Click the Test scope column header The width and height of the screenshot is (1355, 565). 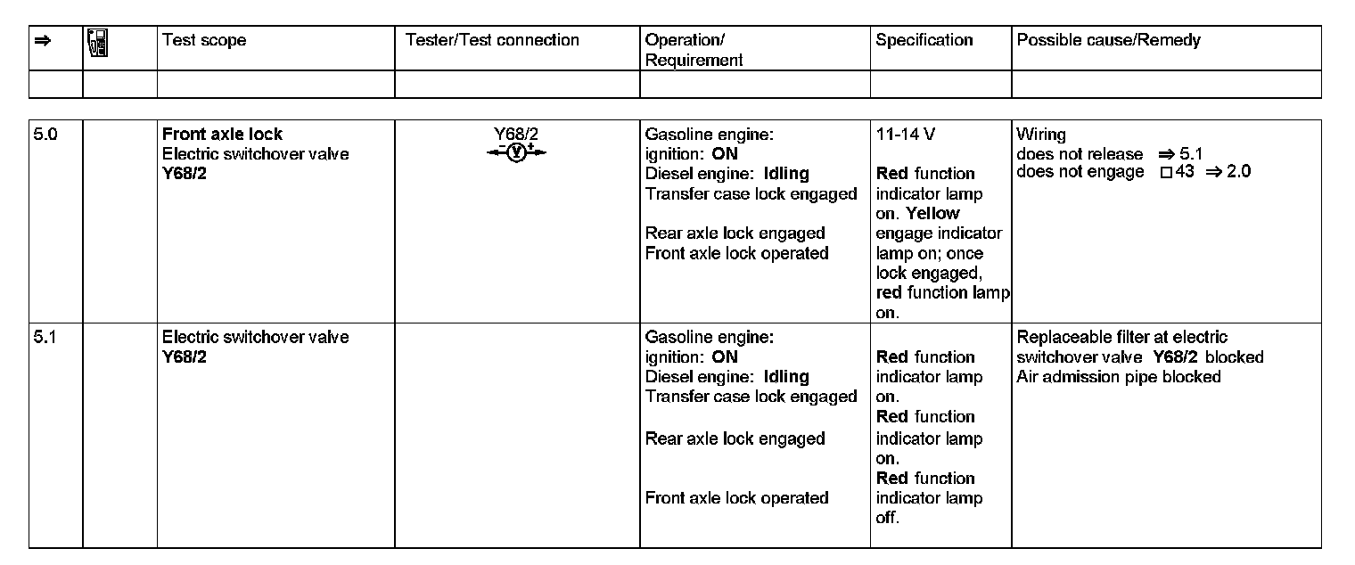[203, 40]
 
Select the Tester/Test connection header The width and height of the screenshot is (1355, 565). [491, 40]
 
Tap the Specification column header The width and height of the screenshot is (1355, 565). [924, 40]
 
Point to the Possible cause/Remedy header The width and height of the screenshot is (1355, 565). [1108, 40]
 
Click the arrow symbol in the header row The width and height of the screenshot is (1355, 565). [41, 40]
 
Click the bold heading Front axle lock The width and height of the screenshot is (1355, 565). [222, 135]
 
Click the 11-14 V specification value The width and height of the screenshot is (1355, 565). [906, 135]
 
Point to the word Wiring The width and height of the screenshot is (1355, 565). [1040, 135]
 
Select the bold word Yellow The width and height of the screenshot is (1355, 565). [932, 214]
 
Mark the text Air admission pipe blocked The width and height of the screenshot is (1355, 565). [1118, 377]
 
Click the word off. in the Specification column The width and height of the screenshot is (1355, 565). [887, 518]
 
